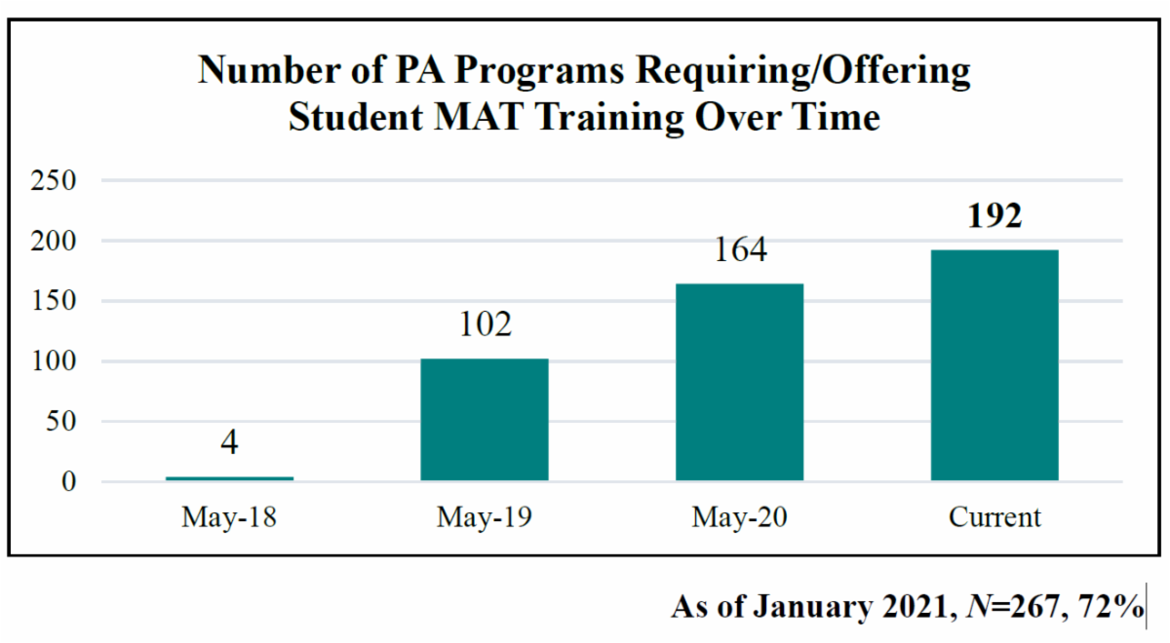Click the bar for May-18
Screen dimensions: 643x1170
point(229,478)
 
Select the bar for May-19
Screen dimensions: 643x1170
point(485,420)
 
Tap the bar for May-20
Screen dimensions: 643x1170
point(740,382)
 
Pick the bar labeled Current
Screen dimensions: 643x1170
point(994,365)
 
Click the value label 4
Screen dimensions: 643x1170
point(229,444)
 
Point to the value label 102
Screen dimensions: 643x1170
point(485,324)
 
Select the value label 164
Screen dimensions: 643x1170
point(740,250)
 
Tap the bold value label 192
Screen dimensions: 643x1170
point(994,216)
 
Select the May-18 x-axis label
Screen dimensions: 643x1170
point(229,516)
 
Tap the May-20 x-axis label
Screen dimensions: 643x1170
point(740,516)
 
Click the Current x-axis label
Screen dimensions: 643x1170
point(994,516)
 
